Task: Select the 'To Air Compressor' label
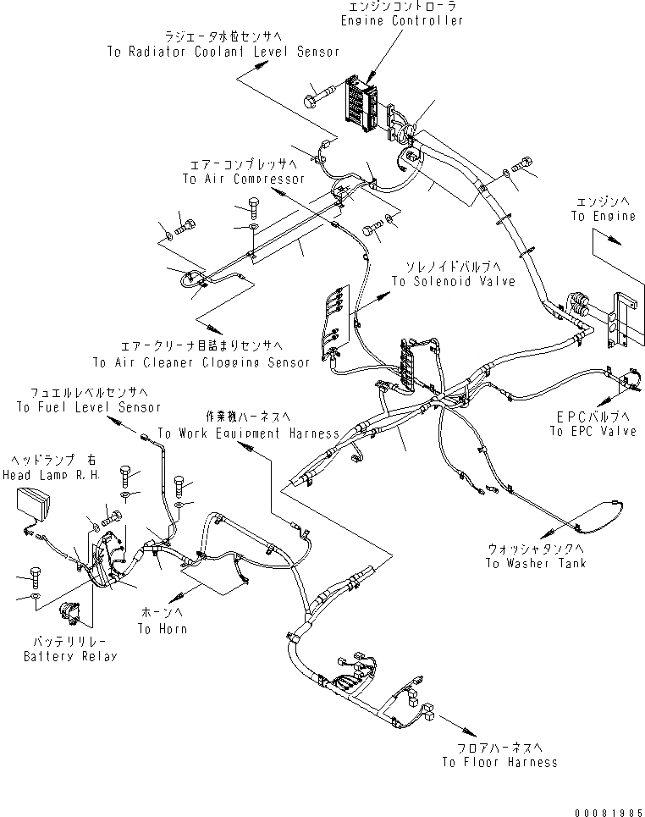click(243, 179)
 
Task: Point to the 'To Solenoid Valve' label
click(453, 281)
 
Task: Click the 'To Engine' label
click(603, 217)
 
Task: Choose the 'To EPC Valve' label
click(593, 432)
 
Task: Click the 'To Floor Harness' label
click(499, 762)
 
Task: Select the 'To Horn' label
click(163, 629)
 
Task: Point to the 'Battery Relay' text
click(69, 656)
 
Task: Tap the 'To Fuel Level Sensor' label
click(88, 407)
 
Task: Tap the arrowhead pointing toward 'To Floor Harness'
click(466, 727)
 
